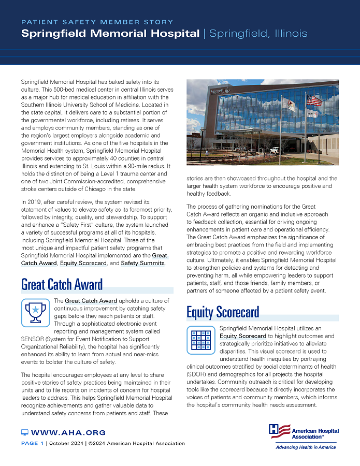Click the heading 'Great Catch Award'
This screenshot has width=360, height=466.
pyautogui.click(x=62, y=284)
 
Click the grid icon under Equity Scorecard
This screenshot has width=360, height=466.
pyautogui.click(x=200, y=339)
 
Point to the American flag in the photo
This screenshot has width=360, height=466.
pyautogui.click(x=314, y=100)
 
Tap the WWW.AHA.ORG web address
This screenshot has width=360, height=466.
pyautogui.click(x=68, y=432)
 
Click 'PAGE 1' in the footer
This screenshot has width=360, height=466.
pyautogui.click(x=32, y=443)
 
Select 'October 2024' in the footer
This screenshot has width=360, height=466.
pyautogui.click(x=66, y=443)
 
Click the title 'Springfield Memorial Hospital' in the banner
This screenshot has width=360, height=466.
pyautogui.click(x=110, y=34)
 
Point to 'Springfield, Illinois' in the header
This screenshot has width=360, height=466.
pyautogui.click(x=258, y=34)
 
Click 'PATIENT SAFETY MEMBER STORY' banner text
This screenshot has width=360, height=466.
pyautogui.click(x=97, y=22)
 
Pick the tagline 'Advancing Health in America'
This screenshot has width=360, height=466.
pyautogui.click(x=305, y=447)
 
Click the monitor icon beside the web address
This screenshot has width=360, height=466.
pyautogui.click(x=24, y=432)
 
